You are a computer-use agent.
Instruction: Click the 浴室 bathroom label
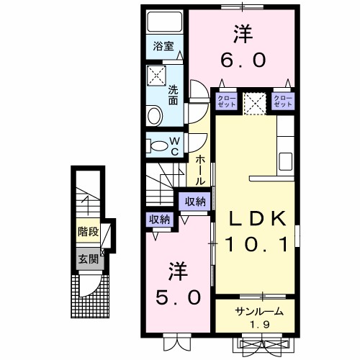coord(163,47)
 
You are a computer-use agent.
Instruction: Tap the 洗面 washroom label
coord(173,96)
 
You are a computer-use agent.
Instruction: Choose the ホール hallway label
coord(200,171)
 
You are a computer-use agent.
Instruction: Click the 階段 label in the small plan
coord(88,233)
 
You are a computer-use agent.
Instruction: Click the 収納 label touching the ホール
coord(194,202)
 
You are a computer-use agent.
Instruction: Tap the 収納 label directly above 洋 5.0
coord(159,220)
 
